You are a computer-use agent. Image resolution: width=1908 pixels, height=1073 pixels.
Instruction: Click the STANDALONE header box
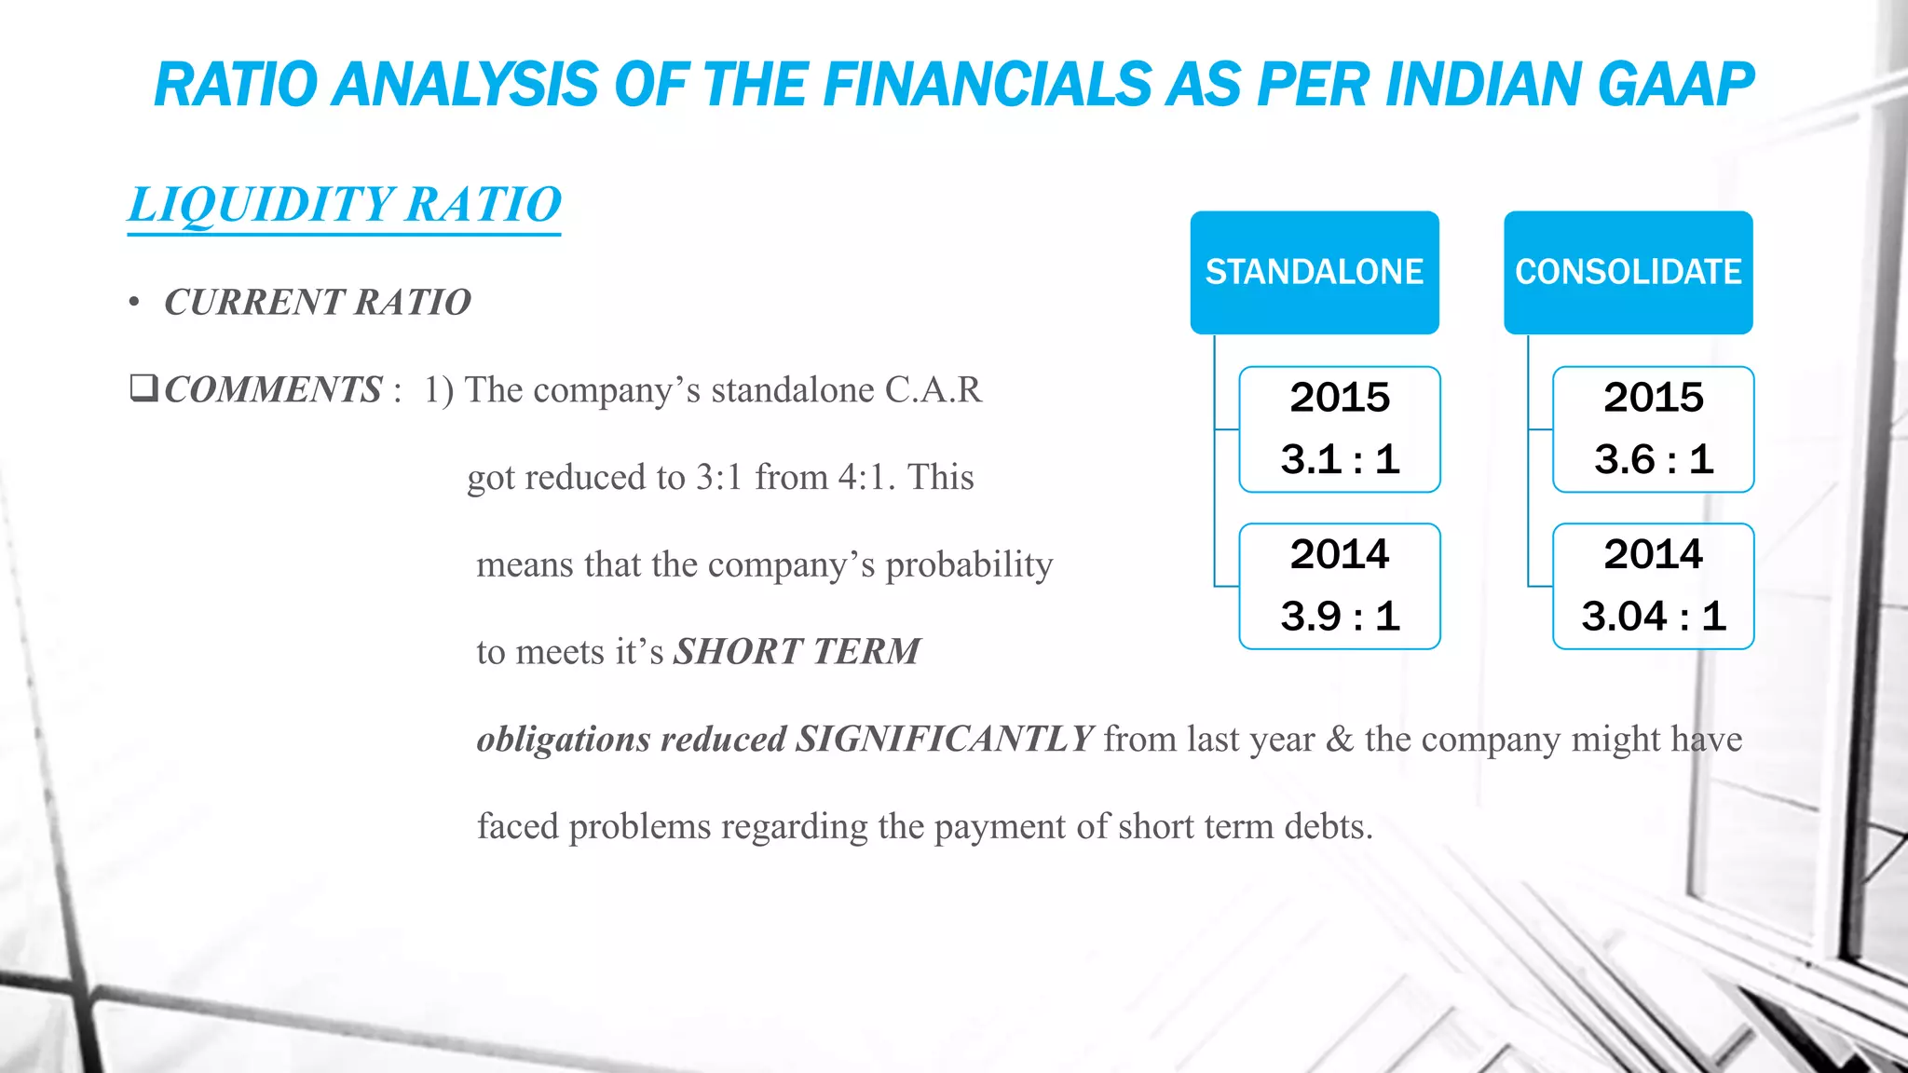click(1314, 272)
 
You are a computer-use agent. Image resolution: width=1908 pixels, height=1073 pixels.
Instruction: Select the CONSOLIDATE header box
click(1628, 272)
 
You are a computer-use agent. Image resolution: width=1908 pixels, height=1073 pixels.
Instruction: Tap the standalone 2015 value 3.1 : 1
click(1340, 459)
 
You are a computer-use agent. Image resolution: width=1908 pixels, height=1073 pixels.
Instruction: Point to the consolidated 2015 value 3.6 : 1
click(1653, 459)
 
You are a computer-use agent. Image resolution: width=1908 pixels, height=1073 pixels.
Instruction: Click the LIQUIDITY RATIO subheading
click(345, 205)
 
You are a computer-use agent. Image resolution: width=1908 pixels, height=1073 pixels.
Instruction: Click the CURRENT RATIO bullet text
click(317, 303)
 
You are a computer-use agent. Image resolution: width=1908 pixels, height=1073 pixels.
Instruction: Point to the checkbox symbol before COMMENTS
click(143, 387)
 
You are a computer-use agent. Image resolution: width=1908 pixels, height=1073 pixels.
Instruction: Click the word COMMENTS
click(273, 390)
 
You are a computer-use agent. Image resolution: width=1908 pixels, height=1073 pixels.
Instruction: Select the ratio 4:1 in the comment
click(865, 478)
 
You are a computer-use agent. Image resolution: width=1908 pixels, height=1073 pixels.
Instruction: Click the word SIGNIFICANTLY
click(944, 740)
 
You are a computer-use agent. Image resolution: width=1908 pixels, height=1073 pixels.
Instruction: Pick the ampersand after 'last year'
click(1340, 740)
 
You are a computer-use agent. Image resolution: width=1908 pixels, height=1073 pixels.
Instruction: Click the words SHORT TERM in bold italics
click(797, 652)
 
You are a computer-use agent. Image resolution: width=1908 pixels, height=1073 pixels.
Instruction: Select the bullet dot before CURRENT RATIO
click(135, 303)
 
